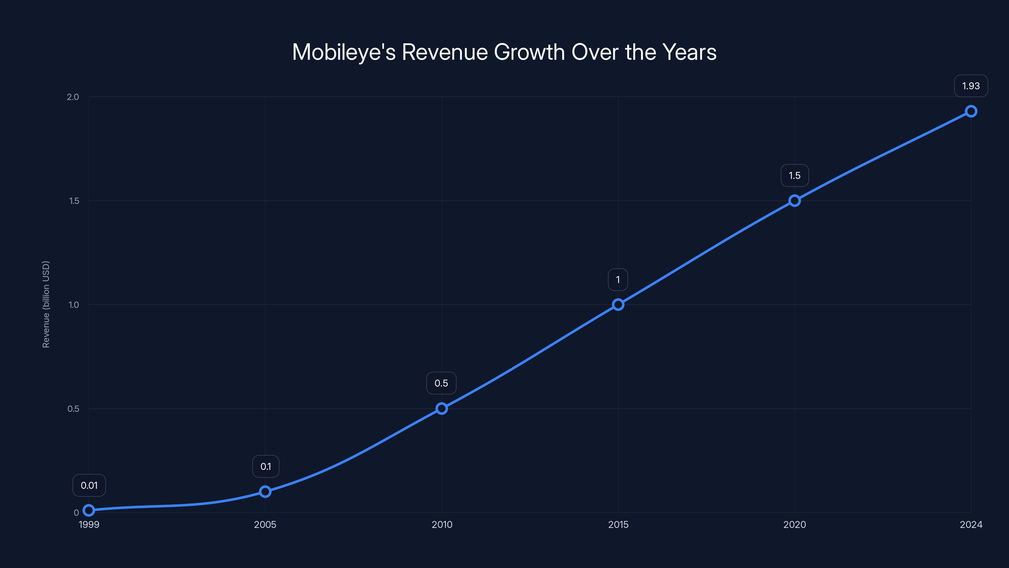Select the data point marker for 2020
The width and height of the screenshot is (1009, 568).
point(794,201)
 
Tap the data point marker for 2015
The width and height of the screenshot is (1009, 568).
point(618,305)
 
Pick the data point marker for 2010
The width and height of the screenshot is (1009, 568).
point(441,408)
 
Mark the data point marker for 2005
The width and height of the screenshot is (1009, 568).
point(265,492)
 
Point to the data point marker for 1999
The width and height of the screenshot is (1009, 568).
point(89,510)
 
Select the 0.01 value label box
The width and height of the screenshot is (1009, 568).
point(89,485)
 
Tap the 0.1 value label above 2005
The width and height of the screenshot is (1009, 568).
point(265,466)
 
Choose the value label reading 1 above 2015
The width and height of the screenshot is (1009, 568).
point(618,280)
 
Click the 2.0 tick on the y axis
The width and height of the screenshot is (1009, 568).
point(73,97)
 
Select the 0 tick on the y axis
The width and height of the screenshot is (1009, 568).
point(76,512)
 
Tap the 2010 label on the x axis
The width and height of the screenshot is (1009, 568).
point(442,524)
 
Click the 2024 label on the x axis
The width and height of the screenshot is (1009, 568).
point(971,524)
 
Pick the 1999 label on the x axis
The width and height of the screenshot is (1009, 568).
point(89,524)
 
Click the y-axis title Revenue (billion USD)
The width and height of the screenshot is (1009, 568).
point(46,304)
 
